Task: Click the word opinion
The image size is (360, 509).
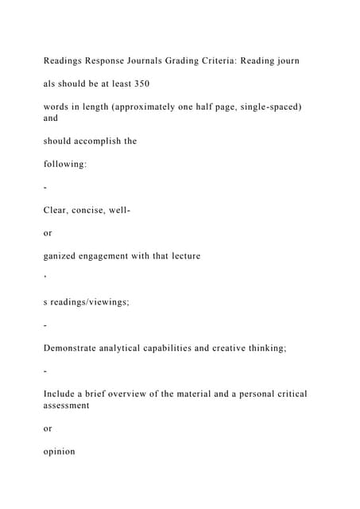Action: (x=62, y=452)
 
